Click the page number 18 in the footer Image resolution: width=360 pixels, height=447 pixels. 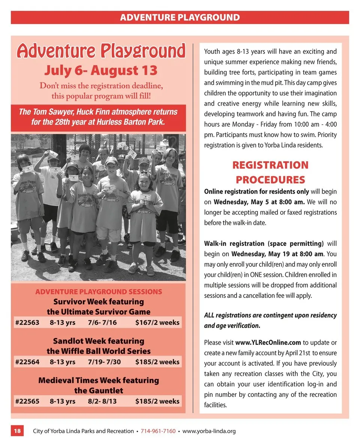click(18, 431)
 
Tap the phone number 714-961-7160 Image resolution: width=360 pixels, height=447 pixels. click(158, 431)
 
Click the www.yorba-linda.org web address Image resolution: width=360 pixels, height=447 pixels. click(209, 431)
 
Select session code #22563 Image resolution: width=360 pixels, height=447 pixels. click(27, 322)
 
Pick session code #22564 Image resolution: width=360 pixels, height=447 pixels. click(27, 362)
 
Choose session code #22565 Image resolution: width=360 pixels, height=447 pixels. click(27, 401)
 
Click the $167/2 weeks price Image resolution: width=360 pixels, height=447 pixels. click(157, 322)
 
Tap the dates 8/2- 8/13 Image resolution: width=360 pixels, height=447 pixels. click(102, 401)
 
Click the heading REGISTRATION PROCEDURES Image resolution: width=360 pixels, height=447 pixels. click(270, 172)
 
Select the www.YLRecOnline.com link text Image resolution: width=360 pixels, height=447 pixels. click(268, 342)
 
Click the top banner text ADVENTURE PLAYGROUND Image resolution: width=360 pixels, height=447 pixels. click(180, 17)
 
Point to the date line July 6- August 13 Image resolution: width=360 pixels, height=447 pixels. click(101, 70)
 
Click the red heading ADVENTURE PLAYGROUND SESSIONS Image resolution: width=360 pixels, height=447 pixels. click(99, 292)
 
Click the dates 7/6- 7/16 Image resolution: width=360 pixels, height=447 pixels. click(102, 322)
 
